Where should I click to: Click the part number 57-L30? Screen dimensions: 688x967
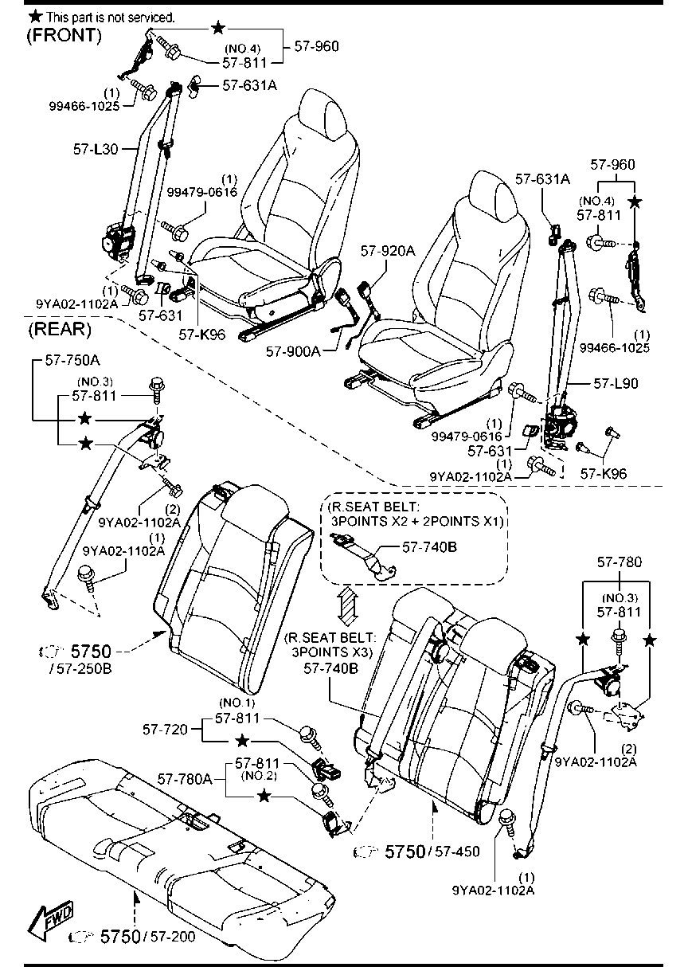point(96,149)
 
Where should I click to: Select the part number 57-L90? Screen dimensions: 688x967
point(616,383)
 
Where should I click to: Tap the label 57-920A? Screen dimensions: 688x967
point(388,250)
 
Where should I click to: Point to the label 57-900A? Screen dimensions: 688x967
point(294,351)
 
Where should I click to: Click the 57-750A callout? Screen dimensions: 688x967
point(72,360)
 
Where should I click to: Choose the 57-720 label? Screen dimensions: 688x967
point(166,730)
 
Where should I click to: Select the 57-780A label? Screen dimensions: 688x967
point(185,779)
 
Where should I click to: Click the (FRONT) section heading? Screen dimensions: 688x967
point(64,35)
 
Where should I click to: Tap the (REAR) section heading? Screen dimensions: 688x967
point(60,330)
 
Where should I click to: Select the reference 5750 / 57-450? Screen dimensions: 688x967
point(416,852)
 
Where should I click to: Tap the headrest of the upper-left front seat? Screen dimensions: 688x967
point(325,113)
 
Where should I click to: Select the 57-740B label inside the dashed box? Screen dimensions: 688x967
point(429,547)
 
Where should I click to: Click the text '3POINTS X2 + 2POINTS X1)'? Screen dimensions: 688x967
point(417,521)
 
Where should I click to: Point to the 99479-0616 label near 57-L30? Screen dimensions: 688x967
point(202,192)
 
